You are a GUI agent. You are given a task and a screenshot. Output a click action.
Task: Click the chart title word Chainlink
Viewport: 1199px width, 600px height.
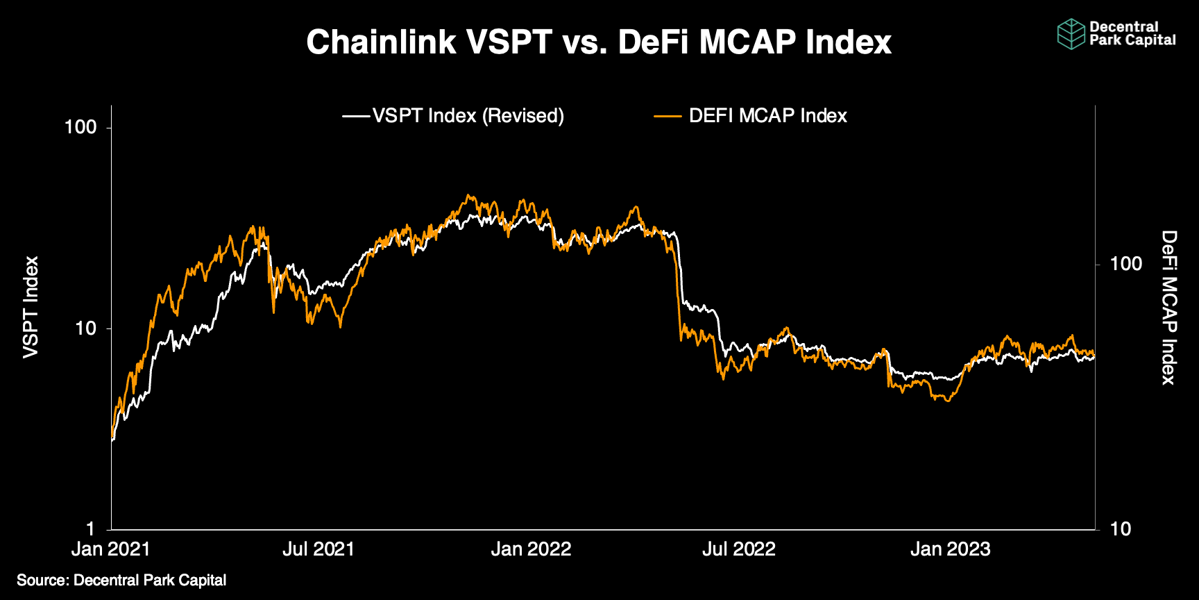[381, 42]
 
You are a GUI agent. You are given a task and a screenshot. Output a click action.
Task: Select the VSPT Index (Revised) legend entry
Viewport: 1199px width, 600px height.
[468, 116]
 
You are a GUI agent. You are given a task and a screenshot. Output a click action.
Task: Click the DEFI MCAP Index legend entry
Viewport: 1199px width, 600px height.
[767, 116]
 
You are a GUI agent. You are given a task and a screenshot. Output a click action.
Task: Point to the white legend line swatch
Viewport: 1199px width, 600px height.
[357, 116]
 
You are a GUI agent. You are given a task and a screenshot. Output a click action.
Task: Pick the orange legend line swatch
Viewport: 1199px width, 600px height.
[667, 116]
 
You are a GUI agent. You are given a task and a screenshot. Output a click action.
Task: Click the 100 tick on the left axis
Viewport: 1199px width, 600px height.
[80, 128]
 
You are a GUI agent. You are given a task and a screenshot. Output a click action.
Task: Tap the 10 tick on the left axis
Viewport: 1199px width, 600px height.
[86, 328]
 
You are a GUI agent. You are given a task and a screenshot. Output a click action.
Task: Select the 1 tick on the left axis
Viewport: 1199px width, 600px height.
[91, 529]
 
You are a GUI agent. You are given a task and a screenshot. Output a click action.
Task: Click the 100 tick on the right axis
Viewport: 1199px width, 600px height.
[1125, 264]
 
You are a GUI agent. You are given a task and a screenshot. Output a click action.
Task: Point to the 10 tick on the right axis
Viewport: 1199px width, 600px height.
[1121, 529]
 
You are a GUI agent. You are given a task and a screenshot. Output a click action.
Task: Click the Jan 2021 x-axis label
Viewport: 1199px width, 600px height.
[111, 549]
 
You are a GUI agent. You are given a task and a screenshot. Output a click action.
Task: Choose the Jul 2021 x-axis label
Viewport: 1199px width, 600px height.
[318, 549]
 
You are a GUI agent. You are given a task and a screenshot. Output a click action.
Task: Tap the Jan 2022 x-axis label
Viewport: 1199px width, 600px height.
[531, 549]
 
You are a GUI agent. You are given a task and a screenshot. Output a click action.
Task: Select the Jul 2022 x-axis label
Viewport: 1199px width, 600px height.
[739, 549]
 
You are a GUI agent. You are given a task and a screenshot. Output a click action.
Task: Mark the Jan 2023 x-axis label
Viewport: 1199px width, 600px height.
[951, 549]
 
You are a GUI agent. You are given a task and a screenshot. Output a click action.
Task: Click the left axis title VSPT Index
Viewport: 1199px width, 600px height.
[31, 308]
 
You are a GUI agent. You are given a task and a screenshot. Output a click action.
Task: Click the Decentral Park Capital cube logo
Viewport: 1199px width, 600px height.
[1071, 34]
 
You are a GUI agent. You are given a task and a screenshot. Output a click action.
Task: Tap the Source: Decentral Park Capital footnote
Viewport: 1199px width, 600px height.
[121, 581]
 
